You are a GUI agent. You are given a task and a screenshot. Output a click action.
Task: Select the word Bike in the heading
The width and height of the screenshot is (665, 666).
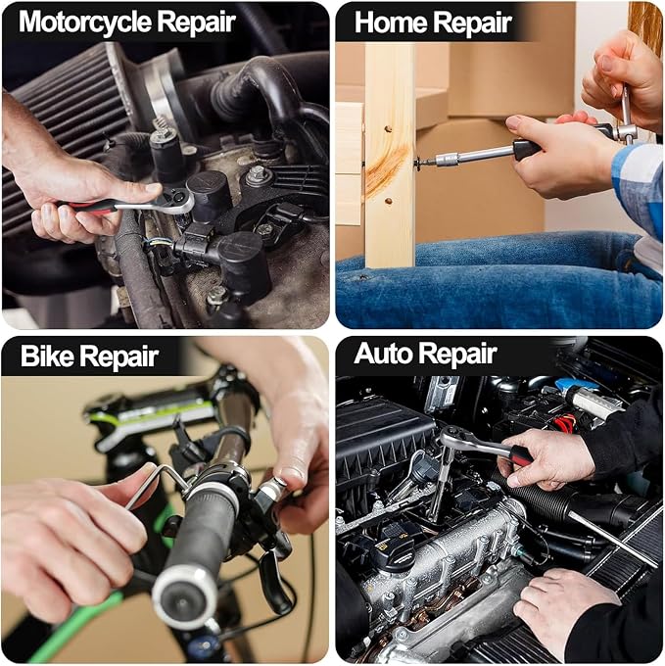pos(47,356)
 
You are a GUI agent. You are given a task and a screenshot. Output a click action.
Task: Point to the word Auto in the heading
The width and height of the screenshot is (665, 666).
pos(384,353)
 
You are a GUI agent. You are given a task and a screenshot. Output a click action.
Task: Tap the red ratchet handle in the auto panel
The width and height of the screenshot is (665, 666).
pos(521,455)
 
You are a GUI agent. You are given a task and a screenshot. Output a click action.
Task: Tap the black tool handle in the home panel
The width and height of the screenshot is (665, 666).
pos(527,149)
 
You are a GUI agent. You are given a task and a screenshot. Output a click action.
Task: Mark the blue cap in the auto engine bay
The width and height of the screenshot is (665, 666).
pos(578,384)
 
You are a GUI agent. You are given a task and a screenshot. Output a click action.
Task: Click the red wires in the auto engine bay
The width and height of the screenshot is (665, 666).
pos(564,423)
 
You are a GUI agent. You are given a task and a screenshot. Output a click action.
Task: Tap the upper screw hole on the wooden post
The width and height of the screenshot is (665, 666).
pos(387,128)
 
